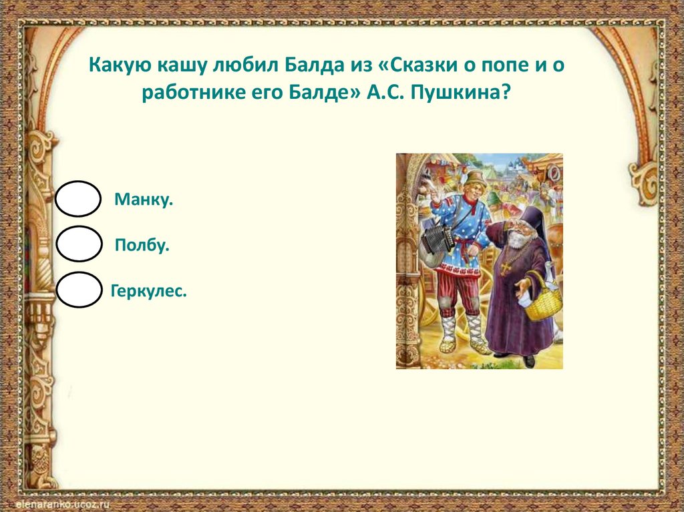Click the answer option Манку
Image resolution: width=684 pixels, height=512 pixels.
[144, 200]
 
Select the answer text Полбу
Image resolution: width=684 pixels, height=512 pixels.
[142, 245]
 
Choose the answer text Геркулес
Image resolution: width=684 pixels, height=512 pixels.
[149, 291]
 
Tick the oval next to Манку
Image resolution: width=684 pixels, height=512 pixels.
[78, 199]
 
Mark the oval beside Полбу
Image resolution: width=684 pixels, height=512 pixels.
[79, 244]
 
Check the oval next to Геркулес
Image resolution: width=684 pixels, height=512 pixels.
[79, 290]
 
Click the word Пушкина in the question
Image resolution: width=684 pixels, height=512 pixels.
[460, 93]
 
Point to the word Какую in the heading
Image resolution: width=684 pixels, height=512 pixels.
[120, 65]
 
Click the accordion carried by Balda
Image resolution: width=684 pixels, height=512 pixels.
[438, 238]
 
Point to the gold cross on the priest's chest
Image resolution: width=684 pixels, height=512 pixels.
[506, 268]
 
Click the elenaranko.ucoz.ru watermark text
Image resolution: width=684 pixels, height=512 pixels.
[63, 504]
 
